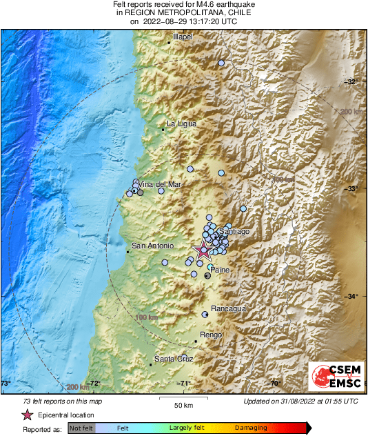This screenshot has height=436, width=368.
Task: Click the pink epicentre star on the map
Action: coord(203,251)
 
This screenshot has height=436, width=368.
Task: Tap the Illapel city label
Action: coord(183,36)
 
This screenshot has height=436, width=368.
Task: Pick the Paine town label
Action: coord(220,270)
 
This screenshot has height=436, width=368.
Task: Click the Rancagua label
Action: coord(229,308)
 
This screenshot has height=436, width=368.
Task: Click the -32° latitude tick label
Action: coord(353,81)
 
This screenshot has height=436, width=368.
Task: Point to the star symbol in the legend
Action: coord(28,415)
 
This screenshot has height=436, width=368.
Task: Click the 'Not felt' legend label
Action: coord(81,428)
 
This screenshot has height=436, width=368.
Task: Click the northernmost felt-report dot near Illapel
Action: coord(221,63)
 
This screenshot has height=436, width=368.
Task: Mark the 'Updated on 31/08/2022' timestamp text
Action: coord(300,401)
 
